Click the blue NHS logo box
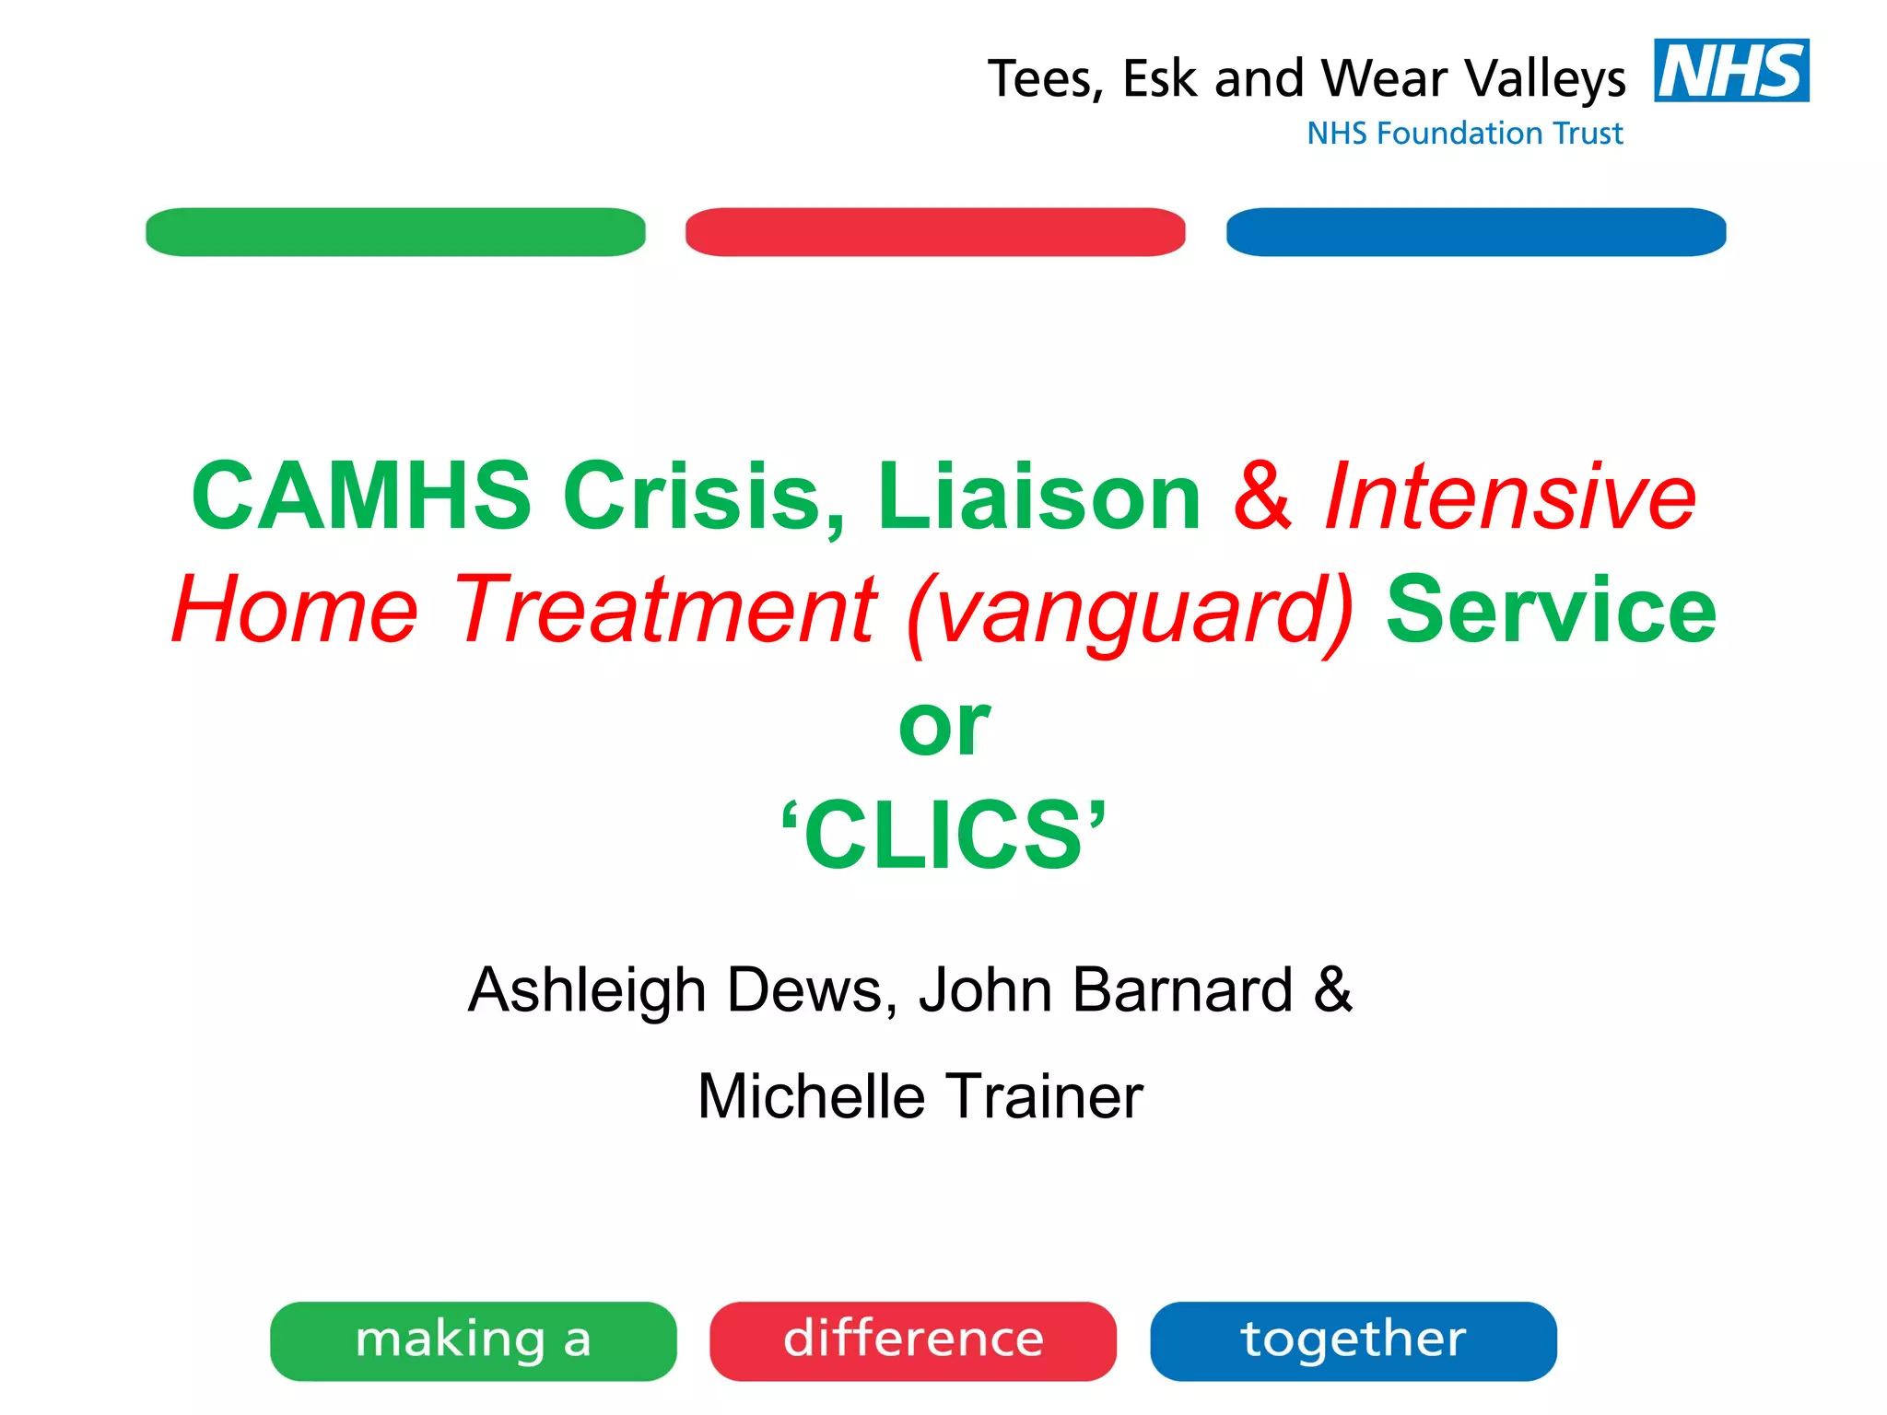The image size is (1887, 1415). tap(1730, 70)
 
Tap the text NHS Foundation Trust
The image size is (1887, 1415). tap(1464, 134)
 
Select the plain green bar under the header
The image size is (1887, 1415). tap(395, 232)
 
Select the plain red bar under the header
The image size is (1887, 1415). tap(935, 232)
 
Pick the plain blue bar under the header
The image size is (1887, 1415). tap(1475, 232)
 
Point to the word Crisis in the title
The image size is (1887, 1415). tap(703, 497)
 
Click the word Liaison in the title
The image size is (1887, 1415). tap(1038, 497)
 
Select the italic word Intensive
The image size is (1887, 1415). tap(1509, 497)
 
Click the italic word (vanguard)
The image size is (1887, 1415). tap(1130, 611)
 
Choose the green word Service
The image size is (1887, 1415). tap(1551, 609)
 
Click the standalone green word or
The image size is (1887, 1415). tap(943, 726)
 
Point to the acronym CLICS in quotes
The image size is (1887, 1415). tap(943, 835)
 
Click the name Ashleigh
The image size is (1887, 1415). tap(587, 991)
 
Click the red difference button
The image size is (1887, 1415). tap(913, 1340)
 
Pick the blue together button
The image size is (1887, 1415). tap(1353, 1340)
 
